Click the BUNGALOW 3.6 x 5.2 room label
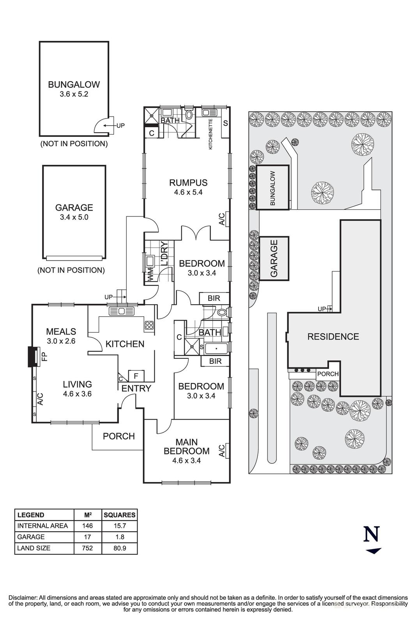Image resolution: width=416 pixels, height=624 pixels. [74, 89]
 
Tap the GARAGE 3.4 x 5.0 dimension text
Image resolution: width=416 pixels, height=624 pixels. [74, 218]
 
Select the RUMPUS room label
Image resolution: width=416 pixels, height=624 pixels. [188, 183]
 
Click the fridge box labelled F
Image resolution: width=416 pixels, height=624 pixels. [136, 376]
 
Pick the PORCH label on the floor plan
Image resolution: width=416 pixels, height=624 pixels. [119, 436]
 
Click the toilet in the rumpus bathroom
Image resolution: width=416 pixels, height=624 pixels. [189, 115]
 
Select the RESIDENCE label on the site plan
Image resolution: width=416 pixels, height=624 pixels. [333, 337]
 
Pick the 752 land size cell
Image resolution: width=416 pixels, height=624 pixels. [87, 548]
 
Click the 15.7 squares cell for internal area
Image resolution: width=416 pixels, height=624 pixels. [119, 526]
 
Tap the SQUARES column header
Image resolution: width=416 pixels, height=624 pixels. [119, 515]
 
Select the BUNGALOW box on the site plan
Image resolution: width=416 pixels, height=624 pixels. [273, 188]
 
